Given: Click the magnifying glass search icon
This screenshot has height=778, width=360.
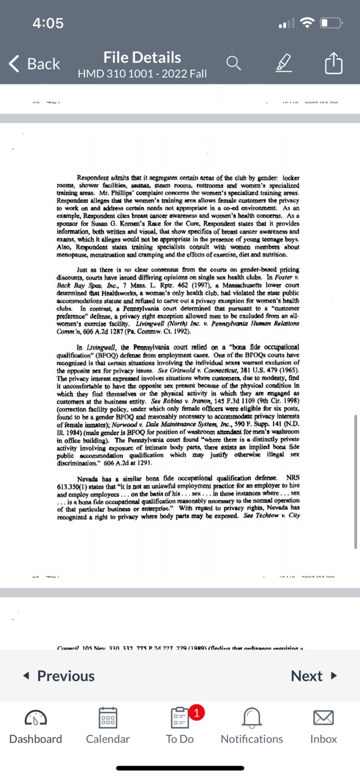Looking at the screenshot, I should pyautogui.click(x=234, y=63).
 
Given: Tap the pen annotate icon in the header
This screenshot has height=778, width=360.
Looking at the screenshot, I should pyautogui.click(x=283, y=63).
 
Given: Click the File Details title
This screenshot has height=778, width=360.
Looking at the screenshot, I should pyautogui.click(x=142, y=58).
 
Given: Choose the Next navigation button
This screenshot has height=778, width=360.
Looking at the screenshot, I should pyautogui.click(x=313, y=676).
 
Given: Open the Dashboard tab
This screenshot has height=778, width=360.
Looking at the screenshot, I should pyautogui.click(x=35, y=726).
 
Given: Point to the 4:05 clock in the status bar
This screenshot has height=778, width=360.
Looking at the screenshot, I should pyautogui.click(x=48, y=23).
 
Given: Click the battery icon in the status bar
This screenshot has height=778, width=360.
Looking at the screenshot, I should pyautogui.click(x=331, y=23).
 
